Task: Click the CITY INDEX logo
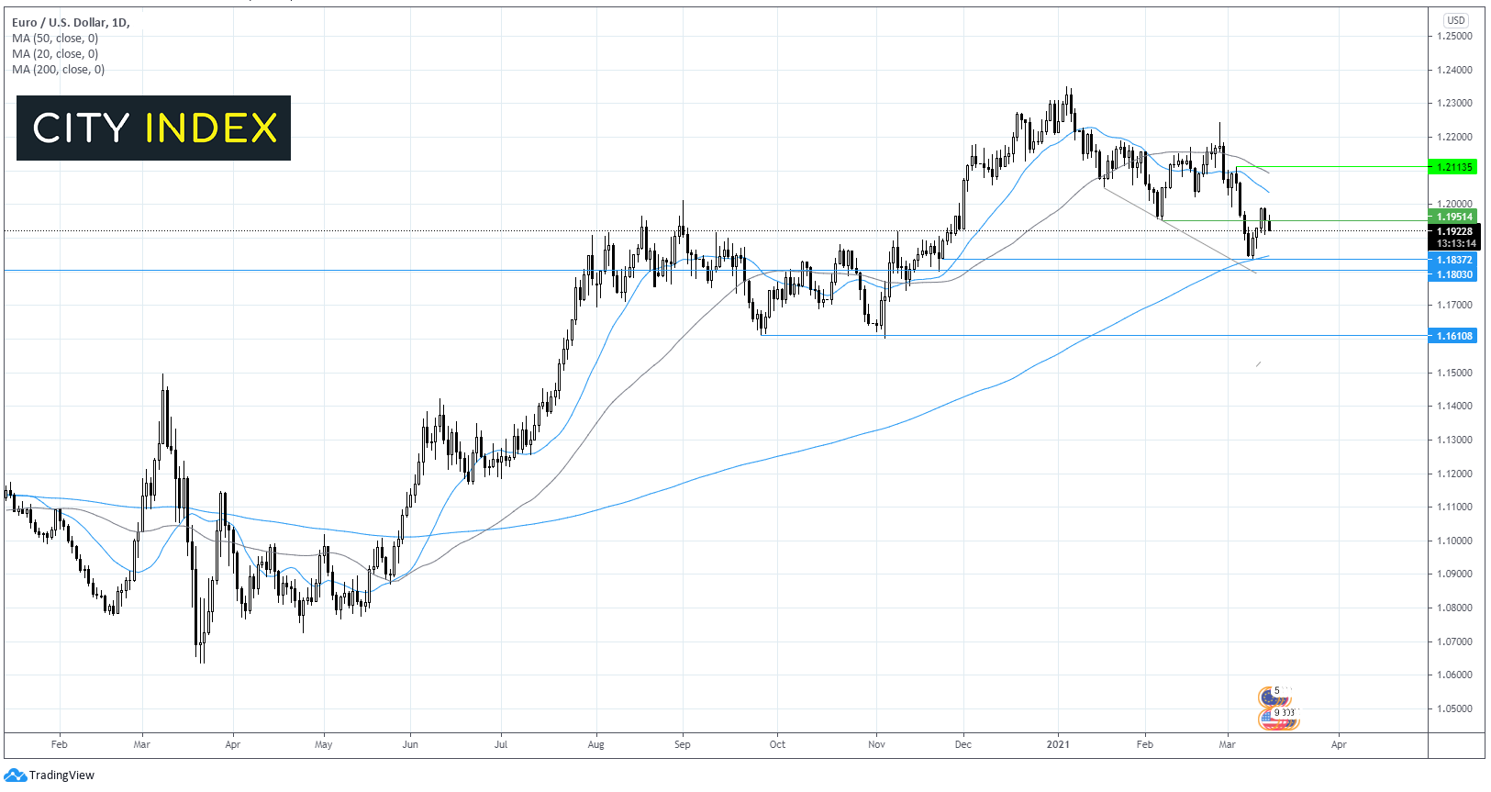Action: (153, 128)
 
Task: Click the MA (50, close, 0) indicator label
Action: (55, 39)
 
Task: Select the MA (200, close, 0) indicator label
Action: (59, 70)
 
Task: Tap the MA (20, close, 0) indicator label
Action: (55, 54)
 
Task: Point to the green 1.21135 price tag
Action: (1453, 167)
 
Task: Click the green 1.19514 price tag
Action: (1453, 218)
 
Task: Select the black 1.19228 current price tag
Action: (1454, 231)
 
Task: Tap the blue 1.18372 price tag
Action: (1453, 261)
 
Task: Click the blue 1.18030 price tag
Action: (1453, 274)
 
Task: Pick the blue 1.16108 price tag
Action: (1453, 336)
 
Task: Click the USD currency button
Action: (1455, 20)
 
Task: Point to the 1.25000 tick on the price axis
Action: (1454, 36)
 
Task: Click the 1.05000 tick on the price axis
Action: (1454, 708)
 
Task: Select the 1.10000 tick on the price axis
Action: (1454, 541)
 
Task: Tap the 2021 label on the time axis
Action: (1059, 744)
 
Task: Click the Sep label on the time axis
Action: (682, 744)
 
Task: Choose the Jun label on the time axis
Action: (410, 744)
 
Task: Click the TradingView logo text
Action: (61, 775)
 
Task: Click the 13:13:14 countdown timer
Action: (1456, 243)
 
